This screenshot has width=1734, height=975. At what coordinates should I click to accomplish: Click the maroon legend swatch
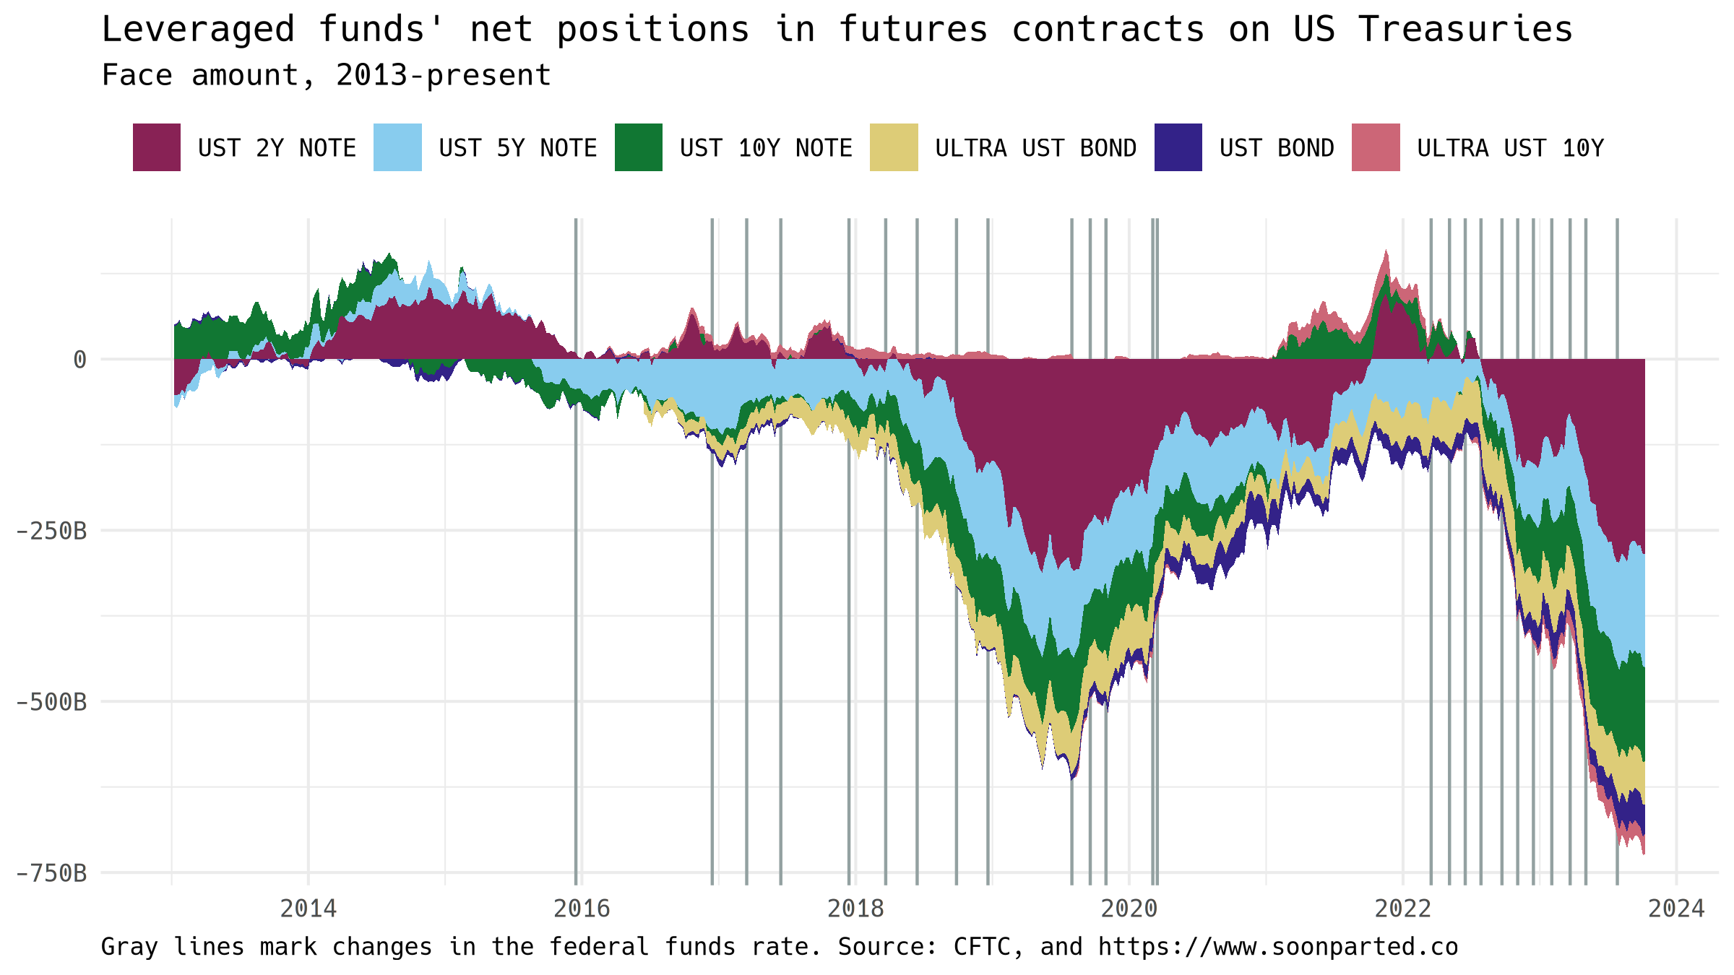(x=157, y=147)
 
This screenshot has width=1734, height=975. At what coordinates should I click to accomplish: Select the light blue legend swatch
(x=397, y=147)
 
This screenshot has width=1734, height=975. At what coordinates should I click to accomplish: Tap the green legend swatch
(x=639, y=147)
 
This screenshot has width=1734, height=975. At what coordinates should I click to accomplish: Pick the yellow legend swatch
(x=894, y=147)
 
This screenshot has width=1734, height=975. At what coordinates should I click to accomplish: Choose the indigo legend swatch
(x=1178, y=147)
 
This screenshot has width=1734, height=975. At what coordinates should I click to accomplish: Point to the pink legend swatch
(x=1376, y=147)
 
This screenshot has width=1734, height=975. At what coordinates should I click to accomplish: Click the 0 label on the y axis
(x=79, y=359)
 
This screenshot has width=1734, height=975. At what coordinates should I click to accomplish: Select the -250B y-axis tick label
(x=51, y=531)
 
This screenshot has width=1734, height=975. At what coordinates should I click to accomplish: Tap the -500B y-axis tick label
(x=51, y=702)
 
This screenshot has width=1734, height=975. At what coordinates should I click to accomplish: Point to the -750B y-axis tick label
(x=51, y=873)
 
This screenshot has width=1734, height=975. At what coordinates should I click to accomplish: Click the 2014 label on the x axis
(x=309, y=908)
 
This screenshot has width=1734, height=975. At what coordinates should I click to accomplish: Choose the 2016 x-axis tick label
(x=582, y=908)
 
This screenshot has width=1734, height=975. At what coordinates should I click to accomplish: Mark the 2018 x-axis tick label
(x=855, y=908)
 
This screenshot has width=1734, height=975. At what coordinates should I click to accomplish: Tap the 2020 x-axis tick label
(x=1129, y=908)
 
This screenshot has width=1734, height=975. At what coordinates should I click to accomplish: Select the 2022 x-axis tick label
(x=1402, y=908)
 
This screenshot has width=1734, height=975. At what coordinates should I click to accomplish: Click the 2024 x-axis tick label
(x=1676, y=908)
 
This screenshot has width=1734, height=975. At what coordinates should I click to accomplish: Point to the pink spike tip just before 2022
(x=1386, y=251)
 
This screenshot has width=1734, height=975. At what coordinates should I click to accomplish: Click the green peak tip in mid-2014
(x=390, y=253)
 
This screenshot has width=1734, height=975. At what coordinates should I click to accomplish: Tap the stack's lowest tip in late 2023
(x=1644, y=854)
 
